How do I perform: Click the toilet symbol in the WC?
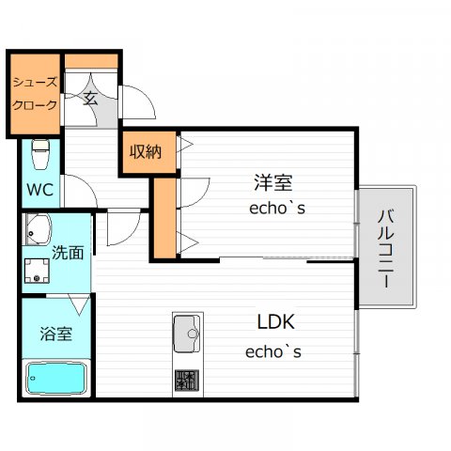40,154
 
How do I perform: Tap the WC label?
39,190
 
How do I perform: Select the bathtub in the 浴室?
56,379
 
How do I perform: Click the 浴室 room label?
56,334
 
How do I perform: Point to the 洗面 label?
68,253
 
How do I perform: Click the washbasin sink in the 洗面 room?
38,229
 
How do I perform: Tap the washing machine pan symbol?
37,271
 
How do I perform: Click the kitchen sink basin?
187,334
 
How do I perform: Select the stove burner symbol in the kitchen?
187,380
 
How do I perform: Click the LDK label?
276,321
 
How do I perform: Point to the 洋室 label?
273,182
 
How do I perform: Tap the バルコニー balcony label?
386,249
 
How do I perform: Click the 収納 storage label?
146,152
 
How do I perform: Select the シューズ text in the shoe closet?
35,83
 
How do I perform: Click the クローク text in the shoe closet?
35,105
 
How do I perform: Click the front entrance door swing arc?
148,96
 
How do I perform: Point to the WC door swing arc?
86,185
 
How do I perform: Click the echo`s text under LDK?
273,351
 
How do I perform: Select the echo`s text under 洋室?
277,208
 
